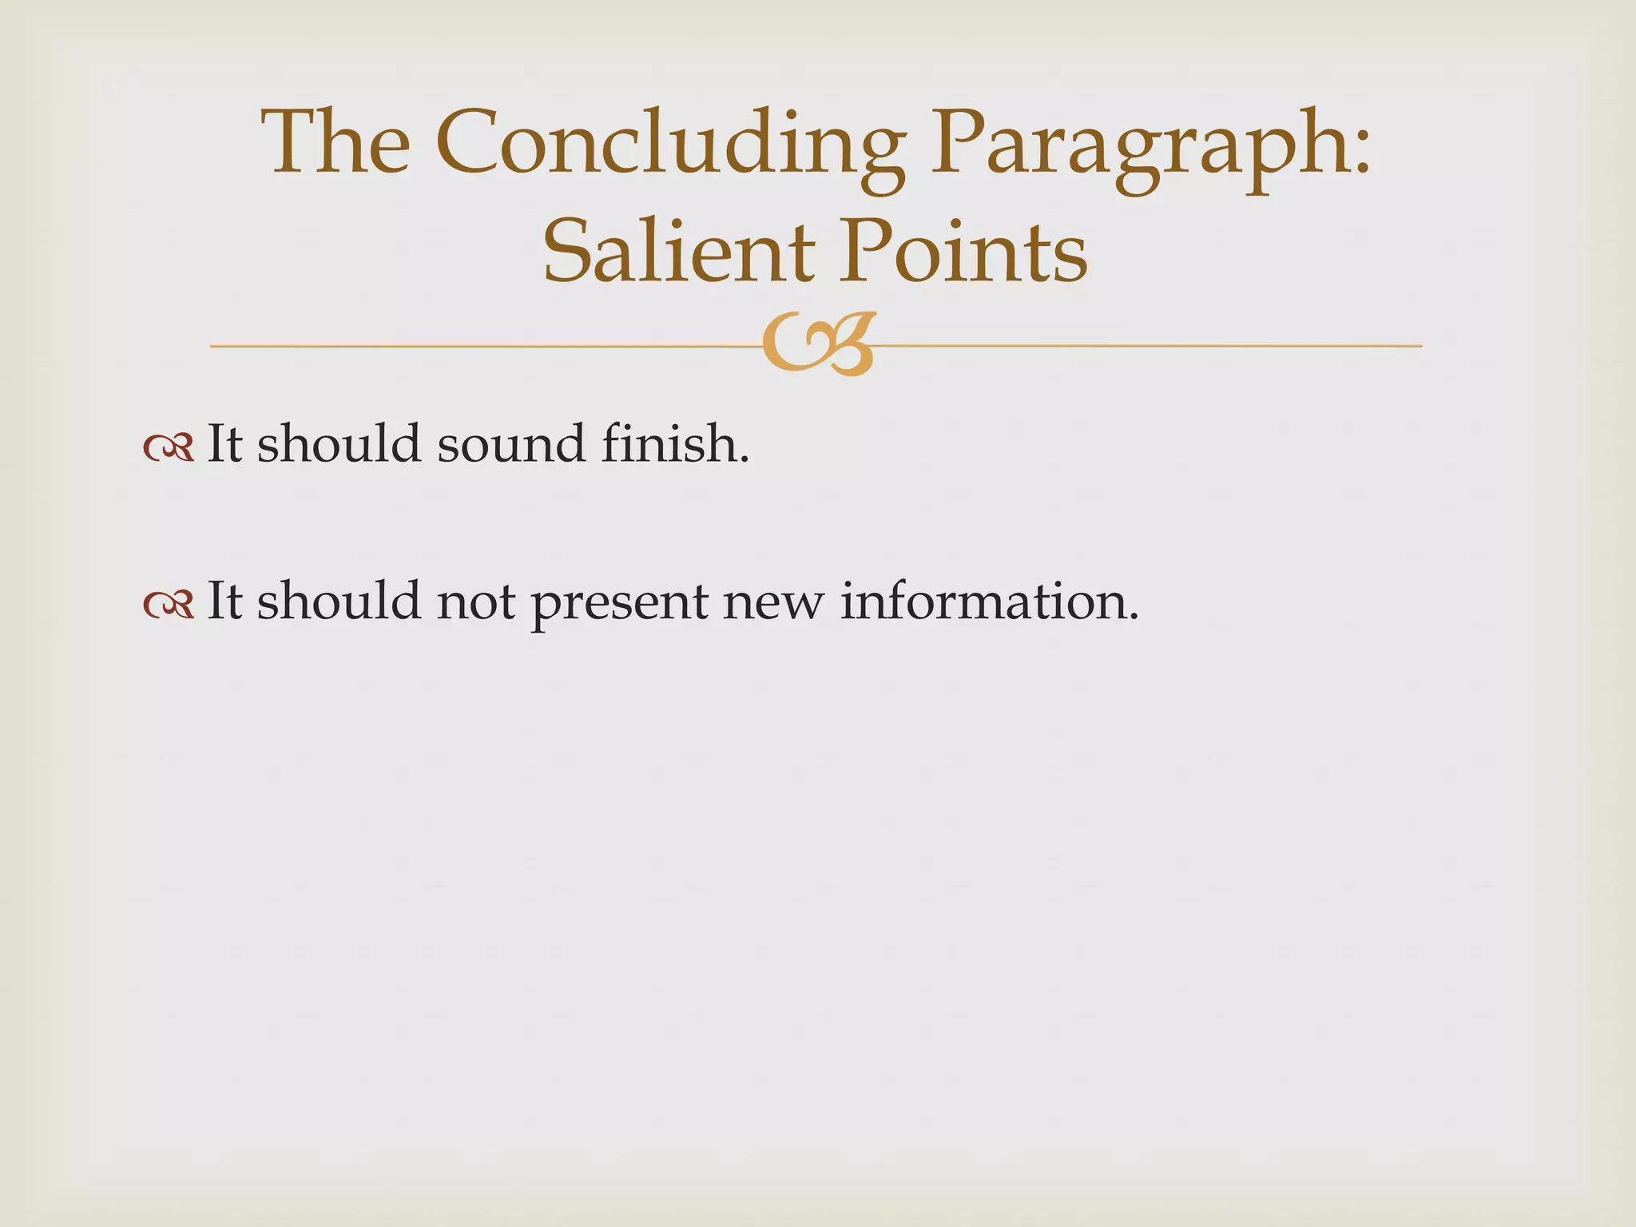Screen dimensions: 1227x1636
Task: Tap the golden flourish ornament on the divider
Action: (818, 343)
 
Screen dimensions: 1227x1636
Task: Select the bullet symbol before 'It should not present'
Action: (169, 605)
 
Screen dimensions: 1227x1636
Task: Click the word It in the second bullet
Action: (224, 601)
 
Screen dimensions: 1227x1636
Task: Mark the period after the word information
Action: (1131, 617)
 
